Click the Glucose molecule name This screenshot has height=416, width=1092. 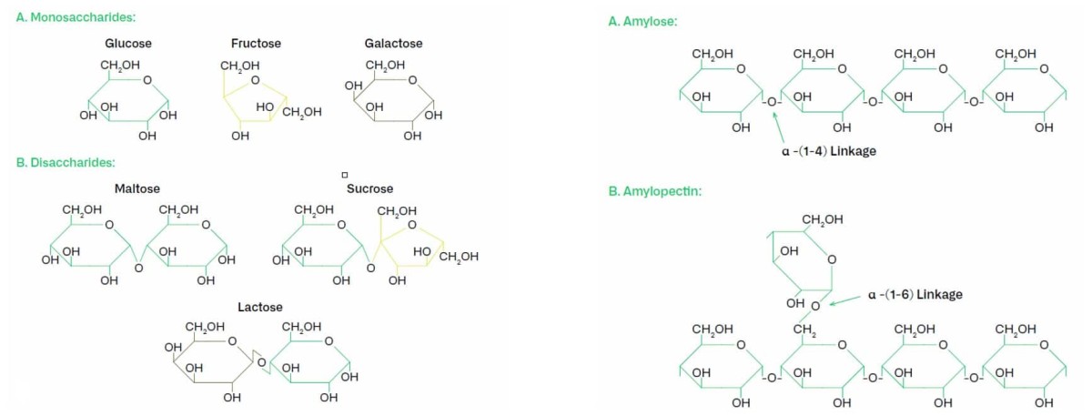[128, 43]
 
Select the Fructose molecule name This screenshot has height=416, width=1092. [256, 43]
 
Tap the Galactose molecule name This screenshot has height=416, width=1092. [393, 43]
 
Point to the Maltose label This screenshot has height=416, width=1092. [137, 188]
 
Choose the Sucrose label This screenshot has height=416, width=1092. [369, 188]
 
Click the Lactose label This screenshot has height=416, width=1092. [260, 307]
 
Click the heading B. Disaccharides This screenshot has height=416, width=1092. [66, 162]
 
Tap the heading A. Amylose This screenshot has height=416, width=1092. [642, 22]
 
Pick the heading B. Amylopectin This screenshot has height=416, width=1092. [654, 192]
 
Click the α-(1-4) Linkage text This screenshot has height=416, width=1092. [828, 151]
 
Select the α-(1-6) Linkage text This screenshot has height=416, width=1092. [915, 294]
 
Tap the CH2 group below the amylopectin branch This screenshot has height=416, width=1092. [804, 329]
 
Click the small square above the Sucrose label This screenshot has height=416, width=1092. [346, 175]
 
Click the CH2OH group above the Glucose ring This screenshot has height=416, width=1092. [119, 66]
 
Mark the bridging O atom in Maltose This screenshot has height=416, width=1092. [138, 269]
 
